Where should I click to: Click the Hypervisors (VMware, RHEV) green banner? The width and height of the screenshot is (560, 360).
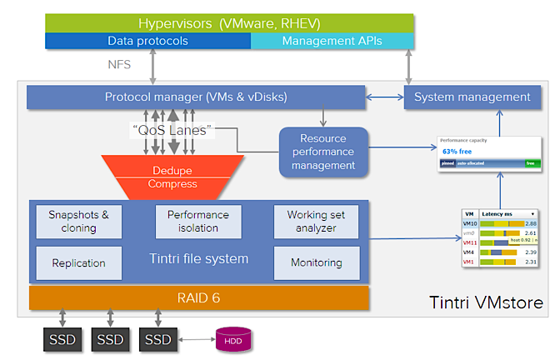(x=229, y=22)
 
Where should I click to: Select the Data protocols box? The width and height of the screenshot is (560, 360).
(x=147, y=41)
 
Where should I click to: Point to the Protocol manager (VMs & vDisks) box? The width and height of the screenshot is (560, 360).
(x=196, y=97)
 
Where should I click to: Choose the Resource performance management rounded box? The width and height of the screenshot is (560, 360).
(x=323, y=152)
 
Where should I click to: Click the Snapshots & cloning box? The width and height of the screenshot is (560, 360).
(x=79, y=221)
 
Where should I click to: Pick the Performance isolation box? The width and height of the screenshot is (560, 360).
(x=197, y=221)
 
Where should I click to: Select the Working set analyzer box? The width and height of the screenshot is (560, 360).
(x=317, y=221)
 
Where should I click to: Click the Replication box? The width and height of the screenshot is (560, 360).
(x=79, y=262)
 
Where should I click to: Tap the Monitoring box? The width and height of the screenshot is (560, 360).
(x=317, y=262)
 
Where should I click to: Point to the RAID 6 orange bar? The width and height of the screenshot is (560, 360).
(x=199, y=297)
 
